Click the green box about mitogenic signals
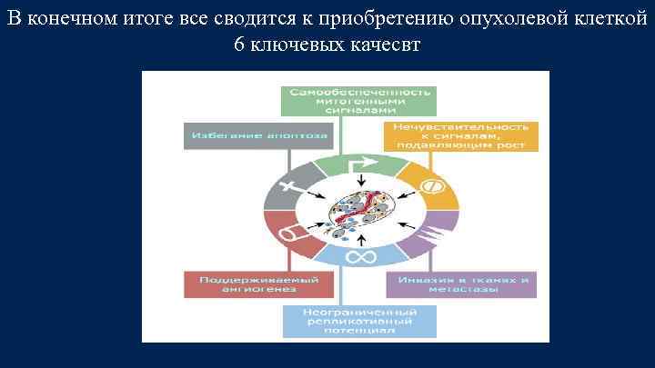point(358,101)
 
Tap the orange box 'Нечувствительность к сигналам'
point(460,135)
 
